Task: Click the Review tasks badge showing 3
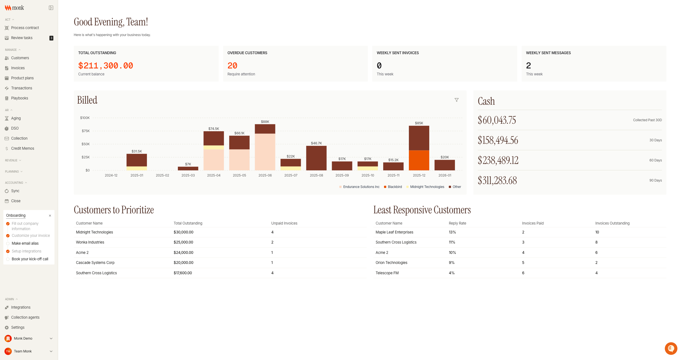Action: (x=51, y=38)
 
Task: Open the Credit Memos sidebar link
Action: (x=22, y=148)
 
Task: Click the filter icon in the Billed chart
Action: (x=456, y=100)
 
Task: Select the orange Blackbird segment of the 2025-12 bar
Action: (x=419, y=160)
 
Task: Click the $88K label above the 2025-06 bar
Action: (x=265, y=122)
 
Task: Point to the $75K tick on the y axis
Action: (x=85, y=131)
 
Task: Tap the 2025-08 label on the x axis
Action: (x=316, y=175)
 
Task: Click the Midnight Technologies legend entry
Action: (x=427, y=187)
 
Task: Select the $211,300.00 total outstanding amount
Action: (x=106, y=66)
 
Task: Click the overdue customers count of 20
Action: (x=232, y=66)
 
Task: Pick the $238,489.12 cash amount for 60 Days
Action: (x=498, y=160)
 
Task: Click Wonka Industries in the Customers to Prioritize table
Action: (x=90, y=242)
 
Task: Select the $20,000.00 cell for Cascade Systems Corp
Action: (x=183, y=263)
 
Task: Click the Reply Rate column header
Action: (x=457, y=223)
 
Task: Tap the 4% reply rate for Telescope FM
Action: (x=452, y=273)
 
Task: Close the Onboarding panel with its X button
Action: (x=50, y=216)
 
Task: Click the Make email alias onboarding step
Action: (x=25, y=243)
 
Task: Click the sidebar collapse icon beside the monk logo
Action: (x=51, y=8)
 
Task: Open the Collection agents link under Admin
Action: (x=25, y=317)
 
